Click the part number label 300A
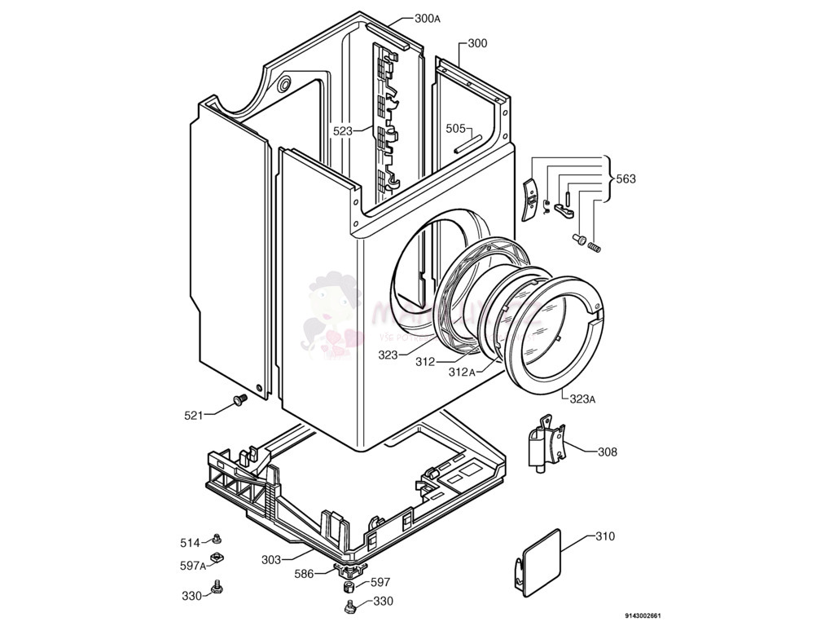(x=428, y=18)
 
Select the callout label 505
(x=455, y=128)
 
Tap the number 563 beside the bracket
(x=625, y=179)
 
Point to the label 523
(x=342, y=130)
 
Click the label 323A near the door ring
(x=582, y=399)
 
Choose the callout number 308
(x=607, y=452)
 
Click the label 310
(x=604, y=536)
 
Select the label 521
(x=193, y=415)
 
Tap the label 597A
(x=191, y=565)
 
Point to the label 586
(x=305, y=574)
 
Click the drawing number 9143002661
(x=643, y=615)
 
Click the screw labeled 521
(x=239, y=399)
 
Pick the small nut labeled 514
(x=217, y=538)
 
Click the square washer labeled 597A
(x=217, y=558)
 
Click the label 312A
(x=461, y=372)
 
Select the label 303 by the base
(x=271, y=559)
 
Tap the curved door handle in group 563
(x=529, y=201)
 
